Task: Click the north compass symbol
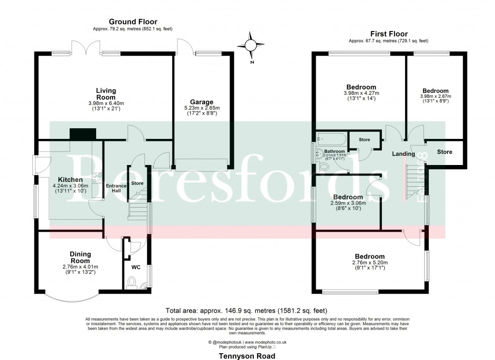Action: tap(250, 45)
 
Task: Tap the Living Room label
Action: tap(105, 94)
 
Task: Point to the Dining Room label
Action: tap(80, 257)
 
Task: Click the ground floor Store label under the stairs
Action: tap(137, 183)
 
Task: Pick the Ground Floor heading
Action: tap(132, 22)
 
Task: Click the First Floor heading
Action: tap(389, 34)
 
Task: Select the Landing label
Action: tap(403, 154)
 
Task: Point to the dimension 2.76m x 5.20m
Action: tap(369, 263)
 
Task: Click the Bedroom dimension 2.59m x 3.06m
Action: tap(348, 203)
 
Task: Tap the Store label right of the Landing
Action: tap(444, 152)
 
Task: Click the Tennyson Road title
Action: tap(247, 356)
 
